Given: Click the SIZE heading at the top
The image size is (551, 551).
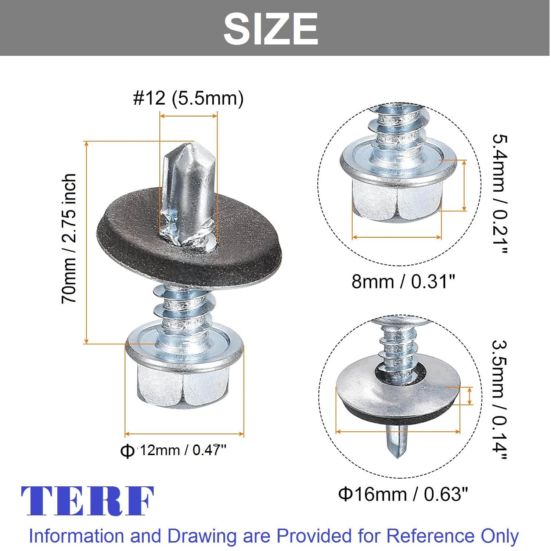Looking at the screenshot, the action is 271,29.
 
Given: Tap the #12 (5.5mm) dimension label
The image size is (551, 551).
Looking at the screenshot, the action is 188,98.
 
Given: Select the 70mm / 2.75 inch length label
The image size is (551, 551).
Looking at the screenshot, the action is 69,239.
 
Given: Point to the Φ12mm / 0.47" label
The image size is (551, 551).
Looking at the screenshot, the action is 173,450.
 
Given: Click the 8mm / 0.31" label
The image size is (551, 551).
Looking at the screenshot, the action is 403,281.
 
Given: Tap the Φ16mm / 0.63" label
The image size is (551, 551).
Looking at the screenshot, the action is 403,494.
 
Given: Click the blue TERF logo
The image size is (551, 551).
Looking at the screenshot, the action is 87,501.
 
